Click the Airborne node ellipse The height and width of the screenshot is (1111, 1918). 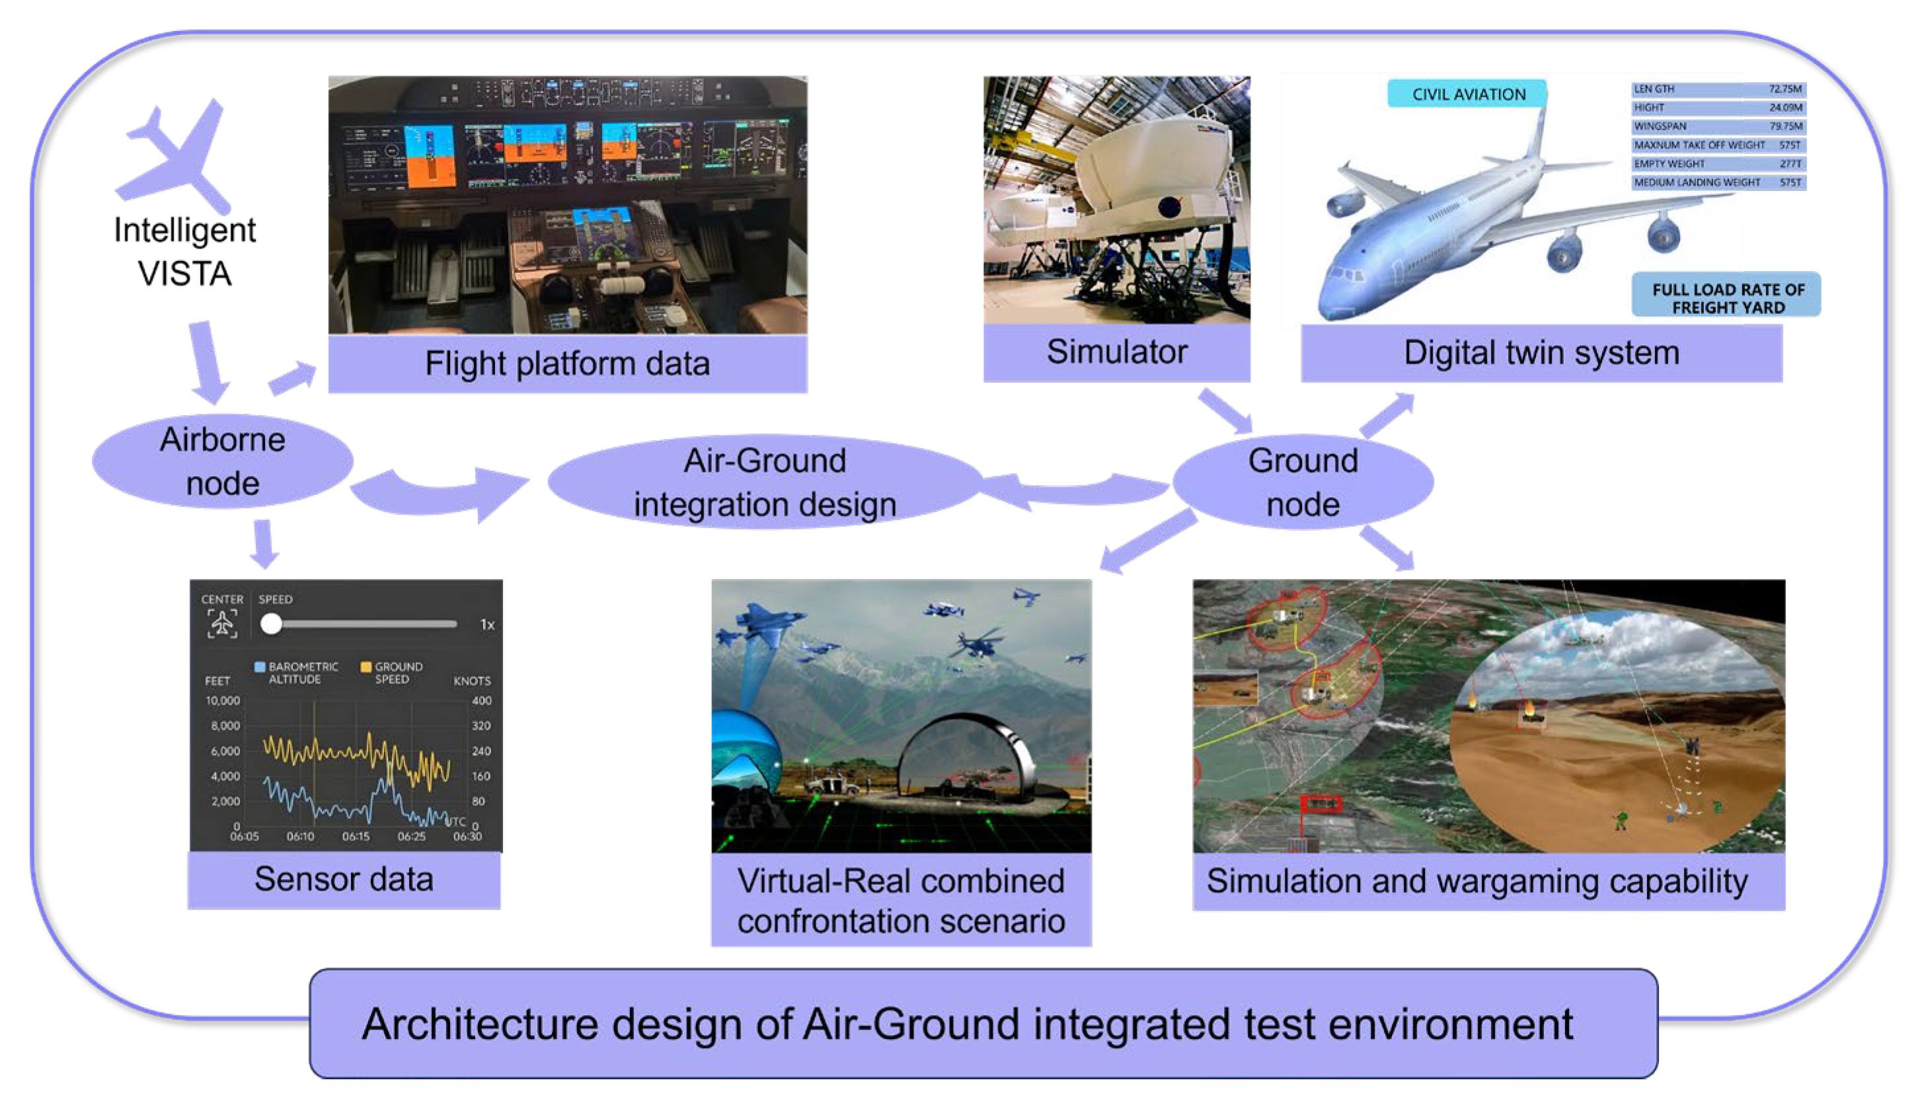[x=222, y=461]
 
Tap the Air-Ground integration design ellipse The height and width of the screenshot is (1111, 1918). [x=764, y=482]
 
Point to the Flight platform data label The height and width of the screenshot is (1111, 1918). [x=567, y=364]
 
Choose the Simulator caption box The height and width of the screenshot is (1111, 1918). [x=1116, y=352]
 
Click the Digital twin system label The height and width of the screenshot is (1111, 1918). [x=1541, y=353]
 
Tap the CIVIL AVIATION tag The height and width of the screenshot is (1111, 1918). [x=1468, y=95]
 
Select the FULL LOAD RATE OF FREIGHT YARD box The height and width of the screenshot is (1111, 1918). [x=1727, y=298]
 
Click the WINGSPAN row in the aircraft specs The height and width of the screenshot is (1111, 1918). [x=1718, y=126]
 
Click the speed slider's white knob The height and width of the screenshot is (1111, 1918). [x=271, y=624]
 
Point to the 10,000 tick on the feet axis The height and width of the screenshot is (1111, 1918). [x=223, y=701]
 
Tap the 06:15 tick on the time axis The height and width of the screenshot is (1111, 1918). [x=356, y=836]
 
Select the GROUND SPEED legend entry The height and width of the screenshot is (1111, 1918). [x=393, y=673]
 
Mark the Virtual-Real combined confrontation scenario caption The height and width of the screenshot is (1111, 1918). [x=900, y=900]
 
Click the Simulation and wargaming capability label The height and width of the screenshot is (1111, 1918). [x=1477, y=881]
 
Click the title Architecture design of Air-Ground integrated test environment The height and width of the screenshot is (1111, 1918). [x=967, y=1024]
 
